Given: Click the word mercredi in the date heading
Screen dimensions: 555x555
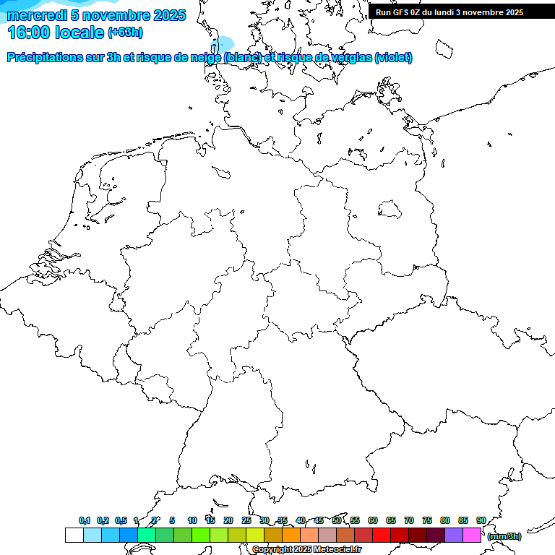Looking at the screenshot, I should click(37, 15).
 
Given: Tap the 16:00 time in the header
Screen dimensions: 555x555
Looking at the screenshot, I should click(28, 33).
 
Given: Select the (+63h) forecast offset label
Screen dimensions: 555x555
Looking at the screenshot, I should click(125, 33).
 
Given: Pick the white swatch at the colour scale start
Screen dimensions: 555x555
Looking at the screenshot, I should click(74, 535).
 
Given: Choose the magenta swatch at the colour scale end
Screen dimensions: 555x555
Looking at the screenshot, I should click(472, 535).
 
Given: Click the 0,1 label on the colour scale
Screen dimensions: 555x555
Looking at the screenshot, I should click(85, 521).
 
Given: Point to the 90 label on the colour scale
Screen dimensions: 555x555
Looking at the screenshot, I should click(481, 521).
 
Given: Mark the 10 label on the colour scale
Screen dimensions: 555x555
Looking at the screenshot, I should click(192, 521).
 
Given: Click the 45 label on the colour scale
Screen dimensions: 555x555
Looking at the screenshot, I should click(319, 521).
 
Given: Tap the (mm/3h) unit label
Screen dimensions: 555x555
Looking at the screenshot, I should click(504, 536).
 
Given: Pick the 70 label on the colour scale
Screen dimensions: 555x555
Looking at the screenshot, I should click(409, 521).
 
